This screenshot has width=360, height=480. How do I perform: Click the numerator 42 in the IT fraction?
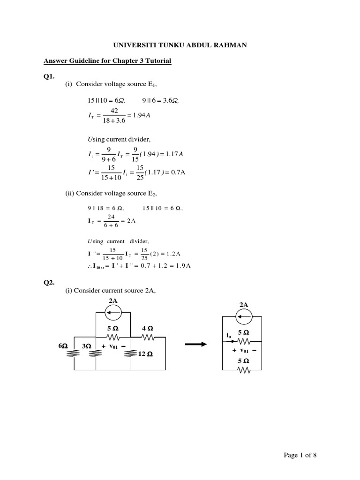[114, 110]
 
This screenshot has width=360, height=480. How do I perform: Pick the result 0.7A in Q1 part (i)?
[178, 172]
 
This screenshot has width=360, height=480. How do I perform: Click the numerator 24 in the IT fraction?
[111, 217]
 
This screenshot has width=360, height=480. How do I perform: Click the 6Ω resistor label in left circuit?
[62, 346]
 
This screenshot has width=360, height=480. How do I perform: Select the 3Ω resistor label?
[86, 346]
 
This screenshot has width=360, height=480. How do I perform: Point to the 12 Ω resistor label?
[146, 354]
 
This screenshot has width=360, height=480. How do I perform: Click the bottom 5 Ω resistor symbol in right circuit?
[244, 370]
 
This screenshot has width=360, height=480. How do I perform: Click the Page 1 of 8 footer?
[303, 455]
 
